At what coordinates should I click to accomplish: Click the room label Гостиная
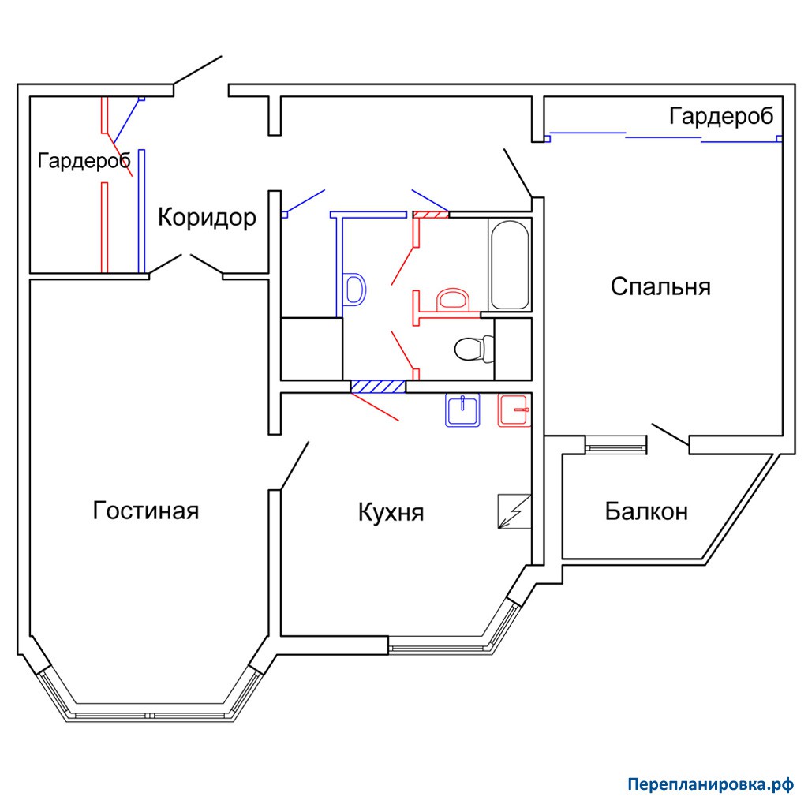point(146,511)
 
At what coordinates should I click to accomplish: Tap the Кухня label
point(391,513)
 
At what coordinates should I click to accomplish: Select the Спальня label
point(660,286)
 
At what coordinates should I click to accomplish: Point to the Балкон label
point(646,511)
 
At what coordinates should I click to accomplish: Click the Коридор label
point(207,218)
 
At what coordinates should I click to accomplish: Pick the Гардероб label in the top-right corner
point(721,116)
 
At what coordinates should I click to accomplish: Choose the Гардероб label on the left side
point(84,161)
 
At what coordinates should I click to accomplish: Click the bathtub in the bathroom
point(510,265)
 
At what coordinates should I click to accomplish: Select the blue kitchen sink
point(462,410)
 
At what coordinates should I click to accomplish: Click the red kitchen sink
point(514,410)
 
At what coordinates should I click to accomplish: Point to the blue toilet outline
point(354,289)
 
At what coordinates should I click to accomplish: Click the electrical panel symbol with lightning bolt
point(514,511)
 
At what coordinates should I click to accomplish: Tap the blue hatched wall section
point(378,387)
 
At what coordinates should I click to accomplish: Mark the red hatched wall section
point(430,214)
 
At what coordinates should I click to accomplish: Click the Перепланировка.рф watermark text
point(711,784)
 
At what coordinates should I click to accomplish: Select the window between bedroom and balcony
point(615,445)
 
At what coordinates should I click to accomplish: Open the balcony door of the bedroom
point(671,435)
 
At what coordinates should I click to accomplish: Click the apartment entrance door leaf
point(198,70)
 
